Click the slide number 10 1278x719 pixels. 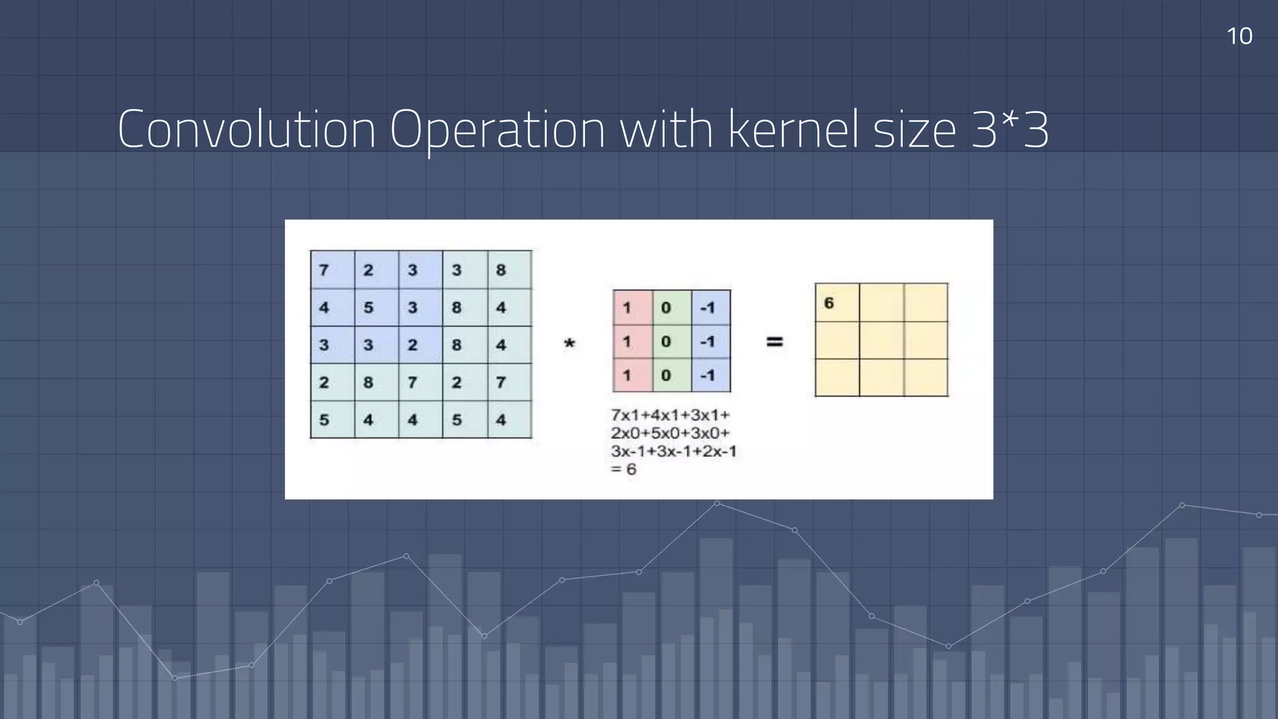[x=1239, y=36]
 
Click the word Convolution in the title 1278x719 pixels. [x=246, y=129]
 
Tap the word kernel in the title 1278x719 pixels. [x=793, y=129]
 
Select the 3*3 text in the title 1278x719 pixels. [x=1010, y=129]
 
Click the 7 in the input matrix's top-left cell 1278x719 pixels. [x=324, y=270]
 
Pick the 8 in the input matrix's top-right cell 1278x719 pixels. [x=501, y=270]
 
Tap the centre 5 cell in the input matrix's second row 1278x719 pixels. [x=368, y=308]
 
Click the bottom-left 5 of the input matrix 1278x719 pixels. [x=324, y=420]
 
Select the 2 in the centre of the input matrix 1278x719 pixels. [x=412, y=345]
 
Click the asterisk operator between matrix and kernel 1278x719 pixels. [x=569, y=344]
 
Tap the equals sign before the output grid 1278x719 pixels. [x=774, y=341]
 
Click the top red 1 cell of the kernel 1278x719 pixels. [x=628, y=308]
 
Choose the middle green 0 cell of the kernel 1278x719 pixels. [x=666, y=341]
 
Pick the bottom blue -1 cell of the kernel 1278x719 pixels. [x=708, y=376]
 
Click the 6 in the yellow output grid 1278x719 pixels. [x=829, y=303]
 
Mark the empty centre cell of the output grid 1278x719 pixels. [x=881, y=340]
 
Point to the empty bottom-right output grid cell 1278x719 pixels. [x=926, y=378]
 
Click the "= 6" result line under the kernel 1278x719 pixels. [x=623, y=469]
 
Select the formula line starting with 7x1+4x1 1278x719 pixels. [x=670, y=415]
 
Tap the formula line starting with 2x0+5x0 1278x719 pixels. [x=670, y=433]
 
